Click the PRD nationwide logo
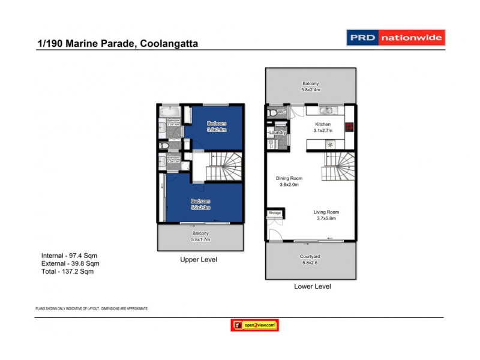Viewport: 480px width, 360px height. tap(396, 38)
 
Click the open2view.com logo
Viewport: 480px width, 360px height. tap(254, 325)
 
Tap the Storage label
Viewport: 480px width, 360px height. tap(275, 212)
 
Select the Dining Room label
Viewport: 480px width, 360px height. tap(289, 178)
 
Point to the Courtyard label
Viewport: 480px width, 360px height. tap(310, 256)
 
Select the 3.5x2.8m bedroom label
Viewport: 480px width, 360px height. tap(213, 129)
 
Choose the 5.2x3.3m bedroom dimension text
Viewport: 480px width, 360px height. tap(200, 208)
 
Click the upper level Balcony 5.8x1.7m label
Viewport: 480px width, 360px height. tap(200, 240)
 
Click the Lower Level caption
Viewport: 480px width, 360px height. tap(312, 287)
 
